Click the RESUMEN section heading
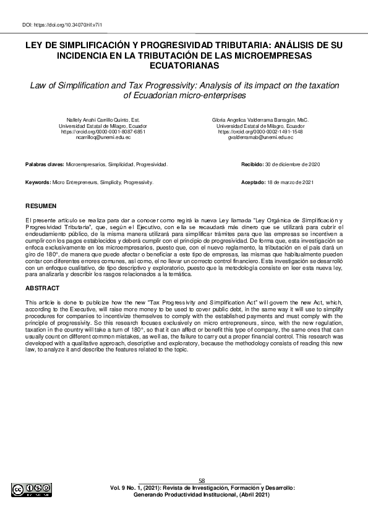click(x=41, y=205)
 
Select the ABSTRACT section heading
click(x=43, y=288)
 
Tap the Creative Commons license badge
click(x=32, y=490)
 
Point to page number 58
click(x=202, y=480)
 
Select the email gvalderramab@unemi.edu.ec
click(x=260, y=138)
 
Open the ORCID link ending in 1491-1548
click(x=260, y=132)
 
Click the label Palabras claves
click(x=45, y=166)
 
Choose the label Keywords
click(x=38, y=183)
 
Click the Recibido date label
click(x=252, y=166)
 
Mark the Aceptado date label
click(x=252, y=183)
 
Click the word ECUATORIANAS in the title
click(x=184, y=65)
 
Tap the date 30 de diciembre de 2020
click(x=293, y=166)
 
